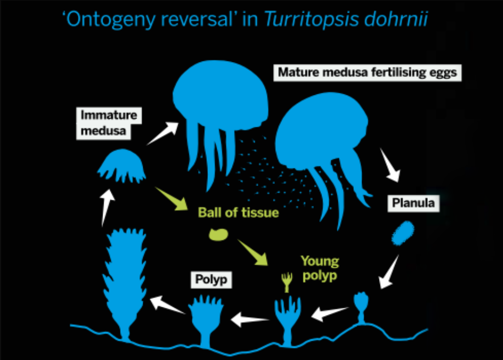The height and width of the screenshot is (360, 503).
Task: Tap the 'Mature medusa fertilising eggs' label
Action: pos(367,72)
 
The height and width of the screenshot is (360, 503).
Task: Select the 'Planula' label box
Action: pos(413,203)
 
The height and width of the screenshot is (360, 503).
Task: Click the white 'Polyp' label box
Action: pos(210,280)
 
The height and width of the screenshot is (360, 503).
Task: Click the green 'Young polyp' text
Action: pos(319,267)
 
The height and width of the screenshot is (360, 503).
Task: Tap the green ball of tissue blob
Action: pos(219,234)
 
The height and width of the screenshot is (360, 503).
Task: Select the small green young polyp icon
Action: pos(286,282)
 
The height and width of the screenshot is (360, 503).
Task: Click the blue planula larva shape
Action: pos(402,233)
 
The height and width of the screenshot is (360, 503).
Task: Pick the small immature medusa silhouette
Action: pos(122,166)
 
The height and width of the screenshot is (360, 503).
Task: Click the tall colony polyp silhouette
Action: pos(124,280)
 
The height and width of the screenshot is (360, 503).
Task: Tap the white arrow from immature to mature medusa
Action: pos(163,134)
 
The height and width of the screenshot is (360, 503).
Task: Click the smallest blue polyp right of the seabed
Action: pos(360,305)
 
